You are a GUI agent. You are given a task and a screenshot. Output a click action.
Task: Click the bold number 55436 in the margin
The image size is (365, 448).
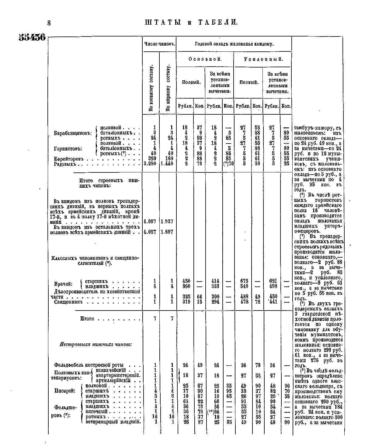coord(32,38)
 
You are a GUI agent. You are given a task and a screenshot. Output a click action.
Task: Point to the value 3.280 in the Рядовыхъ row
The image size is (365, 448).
coord(151,164)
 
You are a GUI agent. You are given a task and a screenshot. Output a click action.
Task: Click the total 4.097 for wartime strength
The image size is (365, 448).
coord(150,222)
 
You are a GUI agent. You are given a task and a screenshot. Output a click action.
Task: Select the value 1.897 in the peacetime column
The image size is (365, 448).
coord(167,232)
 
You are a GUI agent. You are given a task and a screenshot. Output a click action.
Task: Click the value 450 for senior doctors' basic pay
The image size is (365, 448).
coord(186,281)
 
